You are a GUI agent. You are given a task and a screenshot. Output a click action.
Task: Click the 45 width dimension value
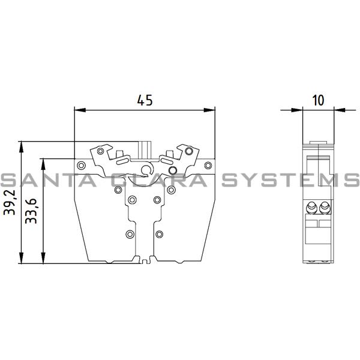[x=144, y=101]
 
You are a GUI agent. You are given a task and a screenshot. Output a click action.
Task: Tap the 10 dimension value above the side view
[x=318, y=100]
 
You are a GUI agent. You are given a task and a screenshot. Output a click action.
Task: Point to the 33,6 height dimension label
[x=34, y=210]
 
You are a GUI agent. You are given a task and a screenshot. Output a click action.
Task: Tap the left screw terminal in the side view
[x=312, y=208]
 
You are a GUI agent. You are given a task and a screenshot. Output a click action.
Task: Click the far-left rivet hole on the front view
[x=80, y=165]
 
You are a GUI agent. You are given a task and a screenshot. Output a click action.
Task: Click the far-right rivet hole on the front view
[x=207, y=165]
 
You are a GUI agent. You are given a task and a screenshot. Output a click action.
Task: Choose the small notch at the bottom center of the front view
[x=144, y=259]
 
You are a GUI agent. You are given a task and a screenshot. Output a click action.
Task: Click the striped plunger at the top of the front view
[x=145, y=148]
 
